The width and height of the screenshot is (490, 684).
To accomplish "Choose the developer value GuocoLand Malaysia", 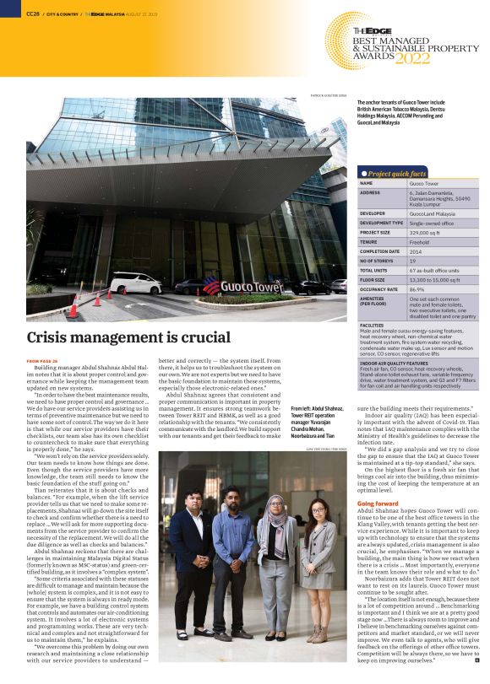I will coord(432,213).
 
